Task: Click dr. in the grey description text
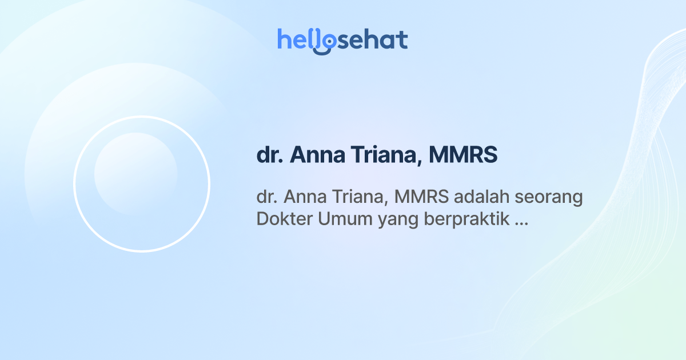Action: click(266, 197)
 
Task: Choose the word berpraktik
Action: click(466, 220)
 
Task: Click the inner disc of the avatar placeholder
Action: click(135, 174)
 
